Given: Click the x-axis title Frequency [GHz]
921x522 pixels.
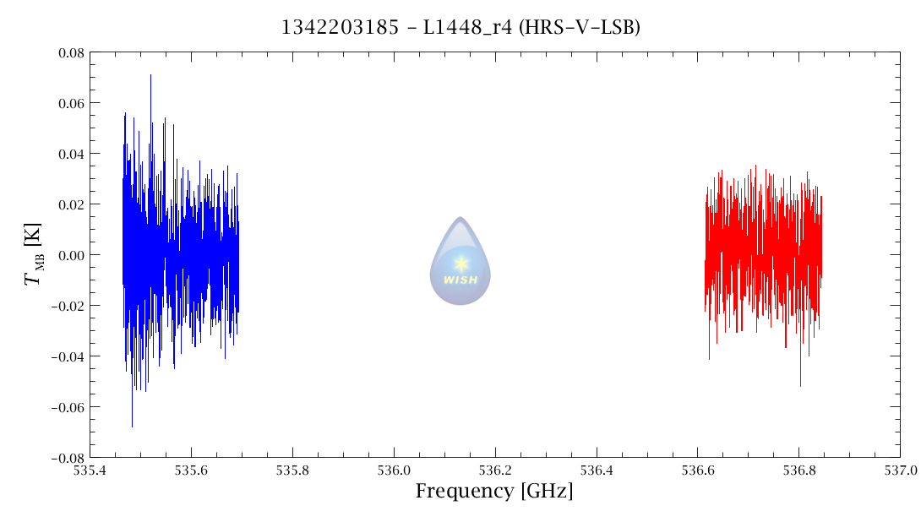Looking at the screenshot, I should (494, 491).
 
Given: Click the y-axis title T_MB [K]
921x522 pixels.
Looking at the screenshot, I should (35, 254).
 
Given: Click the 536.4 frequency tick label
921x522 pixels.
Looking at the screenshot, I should (597, 469).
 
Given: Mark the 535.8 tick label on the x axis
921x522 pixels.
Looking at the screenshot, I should (292, 469).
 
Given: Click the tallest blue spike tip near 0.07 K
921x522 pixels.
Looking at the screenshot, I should (150, 75).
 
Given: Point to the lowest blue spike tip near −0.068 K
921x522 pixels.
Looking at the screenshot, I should (132, 427).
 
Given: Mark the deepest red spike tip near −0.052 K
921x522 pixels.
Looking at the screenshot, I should (800, 386).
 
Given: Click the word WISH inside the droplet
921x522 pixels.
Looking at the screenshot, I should (460, 280).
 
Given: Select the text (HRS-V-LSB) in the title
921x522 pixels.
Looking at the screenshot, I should (580, 27).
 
